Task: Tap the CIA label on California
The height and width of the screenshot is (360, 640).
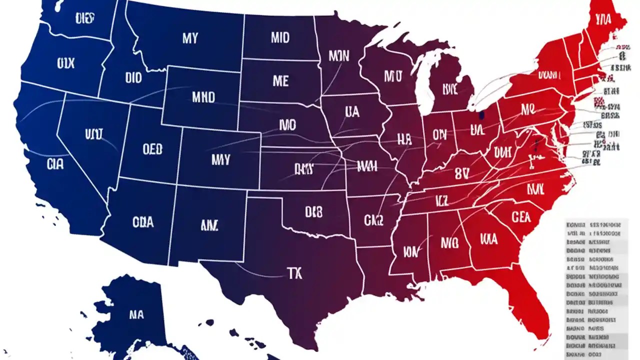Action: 55,164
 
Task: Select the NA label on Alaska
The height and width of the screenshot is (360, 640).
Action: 136,315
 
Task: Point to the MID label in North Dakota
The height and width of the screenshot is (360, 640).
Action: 280,38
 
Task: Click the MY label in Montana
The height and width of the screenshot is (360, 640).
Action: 190,38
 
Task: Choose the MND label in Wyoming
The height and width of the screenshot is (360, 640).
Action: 203,96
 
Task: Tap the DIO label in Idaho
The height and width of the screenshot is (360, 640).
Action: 133,78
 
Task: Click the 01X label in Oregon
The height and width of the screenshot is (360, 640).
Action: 65,63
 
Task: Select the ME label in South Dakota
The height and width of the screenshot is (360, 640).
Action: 280,80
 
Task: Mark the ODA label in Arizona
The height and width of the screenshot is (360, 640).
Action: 143,222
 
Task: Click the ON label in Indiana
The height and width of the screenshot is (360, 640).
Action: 439,134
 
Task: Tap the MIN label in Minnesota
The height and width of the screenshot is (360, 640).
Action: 338,55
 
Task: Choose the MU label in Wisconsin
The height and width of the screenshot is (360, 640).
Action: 392,76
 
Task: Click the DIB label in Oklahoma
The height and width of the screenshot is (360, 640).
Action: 314,212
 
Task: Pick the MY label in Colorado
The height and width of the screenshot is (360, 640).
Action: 220,159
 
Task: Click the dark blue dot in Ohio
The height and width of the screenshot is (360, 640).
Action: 481,115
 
